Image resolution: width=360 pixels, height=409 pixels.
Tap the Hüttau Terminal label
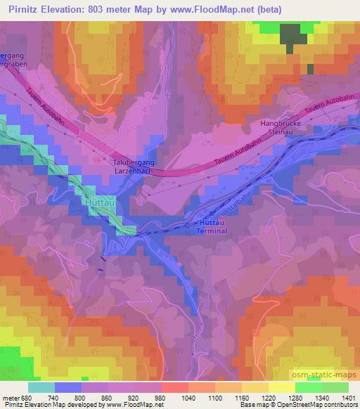[x=212, y=226]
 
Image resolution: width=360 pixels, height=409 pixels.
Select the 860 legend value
[x=108, y=397]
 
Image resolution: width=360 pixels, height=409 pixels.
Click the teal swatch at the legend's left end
[x=41, y=387]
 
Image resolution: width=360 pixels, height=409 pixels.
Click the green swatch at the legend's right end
[x=335, y=387]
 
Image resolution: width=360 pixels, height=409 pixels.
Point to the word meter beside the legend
[x=11, y=397]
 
